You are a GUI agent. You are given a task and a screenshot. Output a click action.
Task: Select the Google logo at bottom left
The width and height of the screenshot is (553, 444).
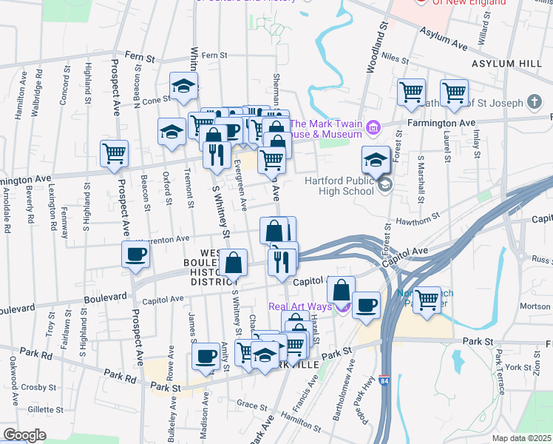click(x=24, y=434)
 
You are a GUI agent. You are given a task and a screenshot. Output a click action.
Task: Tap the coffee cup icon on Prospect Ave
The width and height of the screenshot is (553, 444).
click(x=135, y=255)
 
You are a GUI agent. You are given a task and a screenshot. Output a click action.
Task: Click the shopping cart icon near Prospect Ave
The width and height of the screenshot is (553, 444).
click(x=114, y=154)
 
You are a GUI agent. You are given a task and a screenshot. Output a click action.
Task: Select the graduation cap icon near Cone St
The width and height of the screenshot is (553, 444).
click(x=183, y=86)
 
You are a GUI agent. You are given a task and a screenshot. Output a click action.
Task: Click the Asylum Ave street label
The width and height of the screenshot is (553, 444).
click(x=443, y=39)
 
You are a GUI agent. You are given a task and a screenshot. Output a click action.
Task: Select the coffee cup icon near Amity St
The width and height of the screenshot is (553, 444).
click(x=205, y=357)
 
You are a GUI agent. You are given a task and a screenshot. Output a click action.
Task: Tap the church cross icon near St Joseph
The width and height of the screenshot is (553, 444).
click(x=535, y=101)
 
